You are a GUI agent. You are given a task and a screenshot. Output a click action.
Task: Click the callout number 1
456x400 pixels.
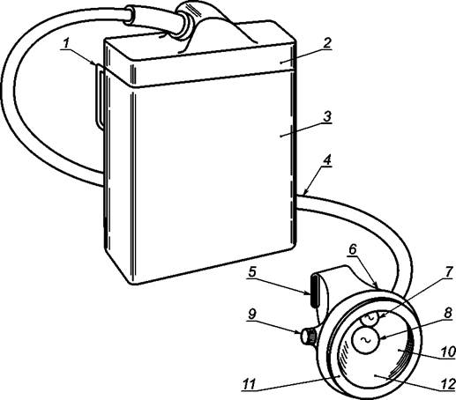(66, 44)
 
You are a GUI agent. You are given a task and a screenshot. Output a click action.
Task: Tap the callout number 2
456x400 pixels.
(326, 43)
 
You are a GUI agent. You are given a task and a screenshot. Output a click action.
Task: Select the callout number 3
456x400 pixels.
(326, 116)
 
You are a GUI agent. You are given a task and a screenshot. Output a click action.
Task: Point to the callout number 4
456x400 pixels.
(327, 160)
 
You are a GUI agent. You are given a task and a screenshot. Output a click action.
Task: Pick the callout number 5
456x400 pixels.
(252, 271)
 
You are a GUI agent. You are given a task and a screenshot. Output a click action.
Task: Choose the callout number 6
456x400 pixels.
(353, 249)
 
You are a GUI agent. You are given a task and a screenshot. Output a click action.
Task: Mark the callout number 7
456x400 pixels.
(447, 272)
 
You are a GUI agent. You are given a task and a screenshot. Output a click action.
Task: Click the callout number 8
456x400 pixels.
(447, 313)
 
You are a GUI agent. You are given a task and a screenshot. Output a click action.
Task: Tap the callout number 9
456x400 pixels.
(252, 315)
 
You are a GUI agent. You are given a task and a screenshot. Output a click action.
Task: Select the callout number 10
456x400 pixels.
(447, 352)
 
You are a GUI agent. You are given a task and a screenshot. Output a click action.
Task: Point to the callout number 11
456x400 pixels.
(249, 385)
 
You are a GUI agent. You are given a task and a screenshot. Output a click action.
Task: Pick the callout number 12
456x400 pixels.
(447, 385)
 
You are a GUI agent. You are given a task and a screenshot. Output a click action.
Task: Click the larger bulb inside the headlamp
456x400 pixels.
(366, 340)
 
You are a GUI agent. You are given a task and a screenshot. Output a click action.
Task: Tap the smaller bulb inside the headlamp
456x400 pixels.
(370, 318)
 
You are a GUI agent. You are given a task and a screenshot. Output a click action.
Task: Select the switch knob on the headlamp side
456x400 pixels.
(308, 337)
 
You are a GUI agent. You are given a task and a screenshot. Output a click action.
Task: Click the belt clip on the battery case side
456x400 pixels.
(100, 97)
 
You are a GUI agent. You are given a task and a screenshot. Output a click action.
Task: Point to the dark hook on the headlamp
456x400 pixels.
(314, 291)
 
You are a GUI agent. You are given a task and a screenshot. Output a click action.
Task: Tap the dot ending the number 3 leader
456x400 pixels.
(280, 136)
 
